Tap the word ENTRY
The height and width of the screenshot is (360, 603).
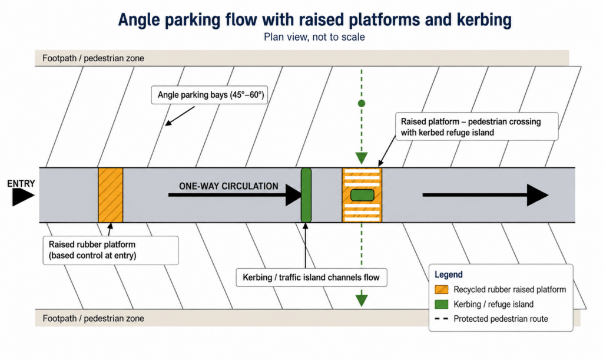pos(21,183)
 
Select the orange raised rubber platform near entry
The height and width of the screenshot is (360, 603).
pos(110,195)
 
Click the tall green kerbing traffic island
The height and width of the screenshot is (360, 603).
pos(306,195)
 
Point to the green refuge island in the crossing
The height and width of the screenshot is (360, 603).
pos(362,195)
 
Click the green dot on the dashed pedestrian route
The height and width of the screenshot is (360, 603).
pos(362,104)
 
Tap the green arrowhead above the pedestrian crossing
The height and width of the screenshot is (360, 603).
pos(362,158)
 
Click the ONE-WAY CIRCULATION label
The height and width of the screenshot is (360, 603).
pos(228,186)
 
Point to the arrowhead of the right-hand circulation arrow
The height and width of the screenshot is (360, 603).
pos(538,195)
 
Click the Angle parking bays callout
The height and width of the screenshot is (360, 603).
pos(211,95)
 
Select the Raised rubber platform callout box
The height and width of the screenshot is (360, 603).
pos(111,250)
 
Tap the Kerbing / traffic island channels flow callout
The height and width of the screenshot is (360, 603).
pos(311,278)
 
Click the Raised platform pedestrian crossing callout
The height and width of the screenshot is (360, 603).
pos(477,127)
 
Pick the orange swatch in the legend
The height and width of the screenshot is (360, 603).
pos(442,290)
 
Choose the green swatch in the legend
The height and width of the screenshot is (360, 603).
pos(442,304)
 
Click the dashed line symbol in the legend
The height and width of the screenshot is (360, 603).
pos(442,319)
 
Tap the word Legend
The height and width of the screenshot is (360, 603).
pos(448,275)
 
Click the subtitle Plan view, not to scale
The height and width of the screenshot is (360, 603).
pos(314,37)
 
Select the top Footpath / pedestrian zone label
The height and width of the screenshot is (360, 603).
pos(94,58)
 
